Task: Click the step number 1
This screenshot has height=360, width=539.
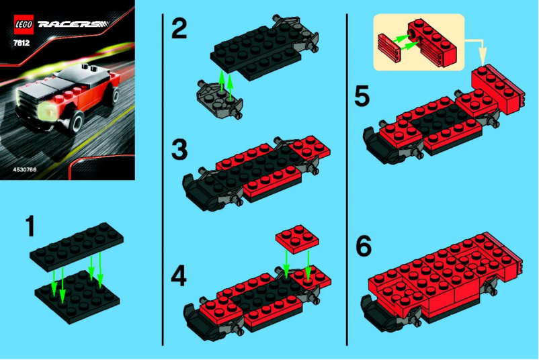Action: pyautogui.click(x=27, y=226)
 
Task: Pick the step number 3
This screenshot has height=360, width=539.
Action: pyautogui.click(x=179, y=149)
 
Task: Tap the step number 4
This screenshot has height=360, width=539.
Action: pyautogui.click(x=179, y=275)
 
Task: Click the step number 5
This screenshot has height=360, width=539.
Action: pyautogui.click(x=363, y=99)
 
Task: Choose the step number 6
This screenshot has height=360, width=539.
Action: pyautogui.click(x=363, y=246)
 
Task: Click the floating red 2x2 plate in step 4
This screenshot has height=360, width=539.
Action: pyautogui.click(x=297, y=238)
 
